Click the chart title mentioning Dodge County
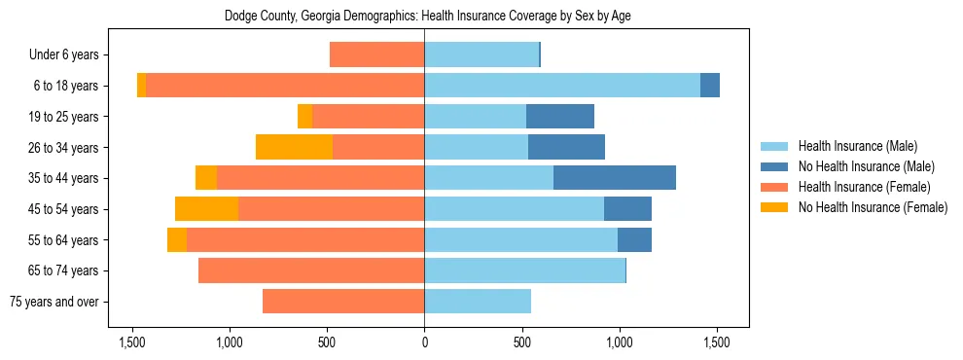(428, 17)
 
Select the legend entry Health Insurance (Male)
(856, 146)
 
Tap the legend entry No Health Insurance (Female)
(873, 207)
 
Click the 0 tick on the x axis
(424, 343)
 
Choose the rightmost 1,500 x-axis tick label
(717, 343)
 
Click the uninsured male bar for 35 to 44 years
(615, 178)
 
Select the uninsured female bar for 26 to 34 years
(294, 147)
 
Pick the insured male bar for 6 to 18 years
(562, 86)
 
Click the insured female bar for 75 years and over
(343, 302)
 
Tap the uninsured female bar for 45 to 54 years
(206, 208)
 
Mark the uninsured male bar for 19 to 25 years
(560, 117)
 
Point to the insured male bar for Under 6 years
(481, 55)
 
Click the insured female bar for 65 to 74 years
(311, 270)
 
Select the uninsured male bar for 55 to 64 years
(634, 239)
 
